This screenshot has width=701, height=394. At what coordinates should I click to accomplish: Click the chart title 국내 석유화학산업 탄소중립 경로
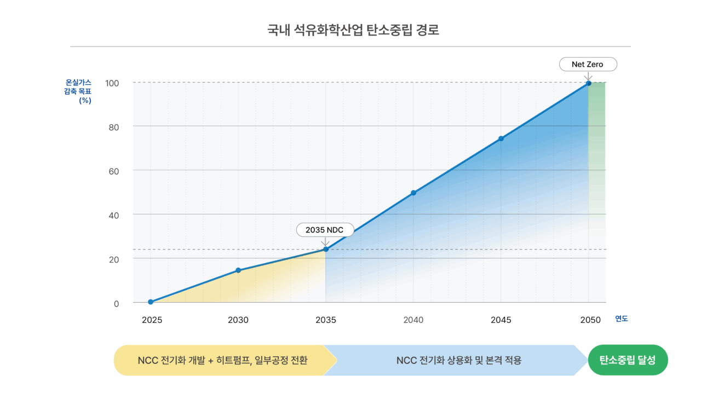(x=353, y=30)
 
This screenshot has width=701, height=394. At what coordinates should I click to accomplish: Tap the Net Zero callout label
(x=588, y=65)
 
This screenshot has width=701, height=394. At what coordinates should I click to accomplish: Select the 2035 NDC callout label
(x=325, y=230)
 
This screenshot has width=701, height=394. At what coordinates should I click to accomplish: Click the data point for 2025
(x=151, y=302)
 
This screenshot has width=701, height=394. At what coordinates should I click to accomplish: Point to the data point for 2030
(x=238, y=270)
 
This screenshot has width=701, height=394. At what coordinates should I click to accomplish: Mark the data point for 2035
(x=326, y=250)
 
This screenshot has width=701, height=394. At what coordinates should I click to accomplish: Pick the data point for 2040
(x=413, y=193)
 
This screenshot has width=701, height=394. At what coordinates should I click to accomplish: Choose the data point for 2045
(x=501, y=138)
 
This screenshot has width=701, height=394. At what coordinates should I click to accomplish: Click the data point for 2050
(x=589, y=83)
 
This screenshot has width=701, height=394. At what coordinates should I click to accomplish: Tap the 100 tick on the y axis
(x=112, y=83)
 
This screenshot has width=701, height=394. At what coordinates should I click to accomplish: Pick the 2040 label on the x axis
(x=413, y=320)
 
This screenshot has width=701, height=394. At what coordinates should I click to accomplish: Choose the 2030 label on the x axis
(x=238, y=320)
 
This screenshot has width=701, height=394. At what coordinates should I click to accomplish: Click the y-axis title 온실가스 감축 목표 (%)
(x=78, y=91)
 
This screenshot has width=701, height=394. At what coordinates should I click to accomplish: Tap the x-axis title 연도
(x=622, y=318)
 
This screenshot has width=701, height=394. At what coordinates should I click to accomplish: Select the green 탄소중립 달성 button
(x=628, y=360)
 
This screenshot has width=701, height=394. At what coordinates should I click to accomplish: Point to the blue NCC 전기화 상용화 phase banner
(x=458, y=361)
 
